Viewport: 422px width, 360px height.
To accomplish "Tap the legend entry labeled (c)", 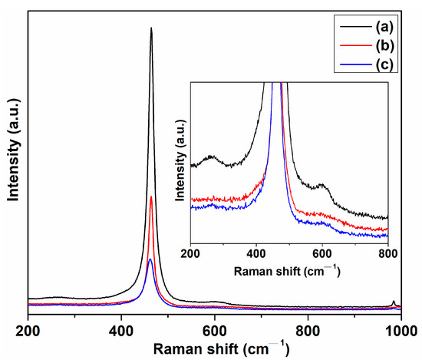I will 381,64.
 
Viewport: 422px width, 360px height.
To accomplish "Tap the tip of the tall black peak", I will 151,28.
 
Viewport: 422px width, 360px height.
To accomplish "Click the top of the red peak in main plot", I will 151,197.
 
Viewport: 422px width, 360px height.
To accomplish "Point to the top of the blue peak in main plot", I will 150,259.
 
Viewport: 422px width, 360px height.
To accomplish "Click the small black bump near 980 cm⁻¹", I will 394,302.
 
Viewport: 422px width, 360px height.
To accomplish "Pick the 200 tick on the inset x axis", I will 190,252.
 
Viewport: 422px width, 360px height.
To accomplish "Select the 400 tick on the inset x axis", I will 256,252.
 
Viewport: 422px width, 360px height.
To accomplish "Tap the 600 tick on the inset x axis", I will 322,252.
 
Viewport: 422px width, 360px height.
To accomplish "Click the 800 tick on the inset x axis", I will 388,252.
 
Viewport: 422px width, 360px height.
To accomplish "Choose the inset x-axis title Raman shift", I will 289,271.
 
